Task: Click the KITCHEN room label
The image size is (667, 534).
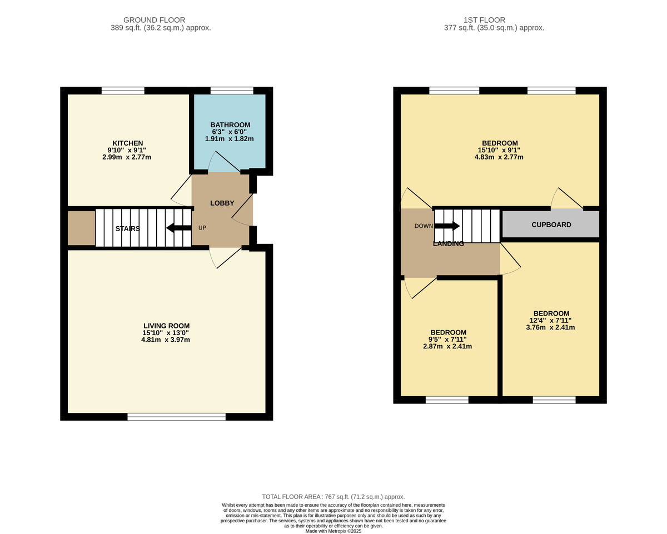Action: pyautogui.click(x=127, y=143)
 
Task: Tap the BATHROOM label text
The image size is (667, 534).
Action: pyautogui.click(x=230, y=125)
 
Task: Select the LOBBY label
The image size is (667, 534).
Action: pyautogui.click(x=222, y=203)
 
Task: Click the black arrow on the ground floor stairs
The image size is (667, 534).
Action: pyautogui.click(x=179, y=228)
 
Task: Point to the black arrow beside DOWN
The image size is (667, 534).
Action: pyautogui.click(x=447, y=226)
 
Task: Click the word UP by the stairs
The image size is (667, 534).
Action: pyautogui.click(x=202, y=228)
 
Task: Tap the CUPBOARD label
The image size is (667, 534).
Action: pyautogui.click(x=551, y=224)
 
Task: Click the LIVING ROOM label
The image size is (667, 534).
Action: pyautogui.click(x=166, y=326)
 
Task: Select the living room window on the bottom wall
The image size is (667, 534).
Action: pyautogui.click(x=176, y=417)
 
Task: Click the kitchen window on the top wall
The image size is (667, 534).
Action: pyautogui.click(x=123, y=91)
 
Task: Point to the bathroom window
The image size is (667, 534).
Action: pyautogui.click(x=232, y=91)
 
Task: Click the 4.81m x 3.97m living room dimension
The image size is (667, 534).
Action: pyautogui.click(x=166, y=340)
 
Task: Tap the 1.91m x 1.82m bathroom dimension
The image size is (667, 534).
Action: pyautogui.click(x=230, y=139)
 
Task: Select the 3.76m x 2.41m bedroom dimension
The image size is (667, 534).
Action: pyautogui.click(x=550, y=327)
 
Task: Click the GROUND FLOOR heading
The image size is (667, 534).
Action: pyautogui.click(x=155, y=20)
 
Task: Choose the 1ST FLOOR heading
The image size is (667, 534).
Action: pyautogui.click(x=485, y=20)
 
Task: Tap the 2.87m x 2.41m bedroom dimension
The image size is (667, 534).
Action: pyautogui.click(x=447, y=346)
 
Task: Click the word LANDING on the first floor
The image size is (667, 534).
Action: pyautogui.click(x=448, y=243)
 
